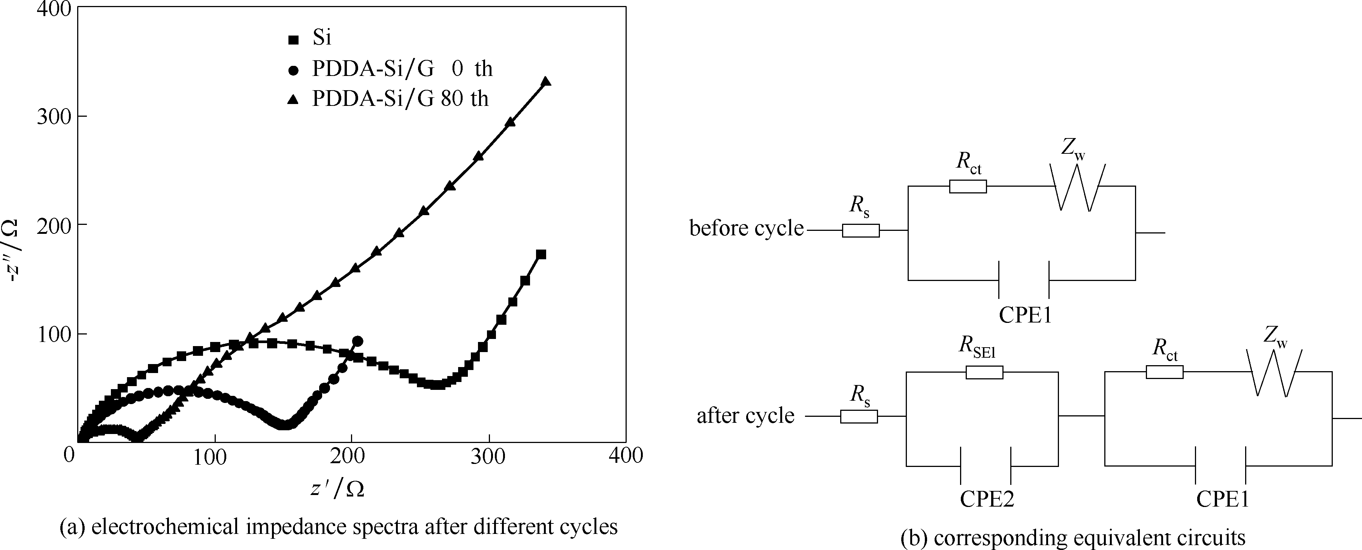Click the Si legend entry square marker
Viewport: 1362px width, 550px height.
[x=293, y=39]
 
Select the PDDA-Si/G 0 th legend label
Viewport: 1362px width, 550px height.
[x=402, y=69]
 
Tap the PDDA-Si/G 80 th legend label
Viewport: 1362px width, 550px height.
[x=400, y=99]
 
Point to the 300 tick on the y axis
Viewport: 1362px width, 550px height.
[x=54, y=116]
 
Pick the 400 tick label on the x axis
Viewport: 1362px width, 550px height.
[x=626, y=455]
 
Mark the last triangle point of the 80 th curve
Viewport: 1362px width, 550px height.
[x=546, y=82]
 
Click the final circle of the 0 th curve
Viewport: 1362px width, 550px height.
[x=357, y=341]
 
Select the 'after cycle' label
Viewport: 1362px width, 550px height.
[x=745, y=416]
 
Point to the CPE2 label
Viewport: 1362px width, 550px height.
[x=987, y=499]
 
